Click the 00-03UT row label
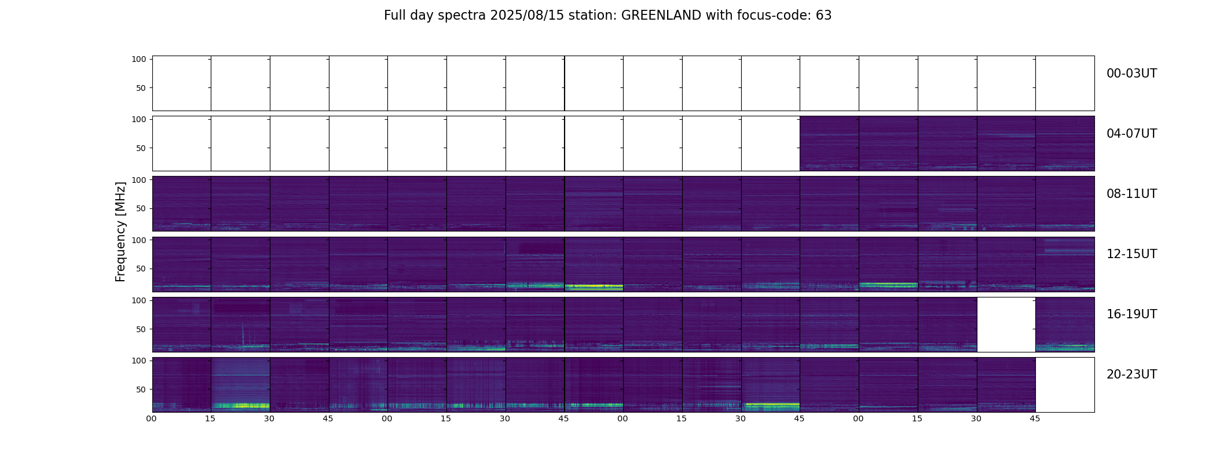tap(1131, 74)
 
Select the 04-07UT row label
tap(1131, 134)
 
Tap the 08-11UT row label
tap(1131, 194)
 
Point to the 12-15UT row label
tap(1131, 254)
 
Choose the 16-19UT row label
tap(1131, 314)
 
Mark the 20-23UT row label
tap(1131, 374)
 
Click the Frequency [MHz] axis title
tap(120, 231)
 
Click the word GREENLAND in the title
tap(661, 16)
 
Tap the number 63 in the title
tap(824, 16)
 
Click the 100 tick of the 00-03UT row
tap(139, 59)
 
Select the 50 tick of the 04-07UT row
tap(141, 148)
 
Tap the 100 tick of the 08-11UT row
tap(139, 179)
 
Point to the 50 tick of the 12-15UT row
tap(141, 269)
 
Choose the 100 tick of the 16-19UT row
tap(139, 300)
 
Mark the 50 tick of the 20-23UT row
tap(141, 389)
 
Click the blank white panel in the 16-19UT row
tap(1006, 325)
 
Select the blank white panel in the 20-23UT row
tap(1065, 385)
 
